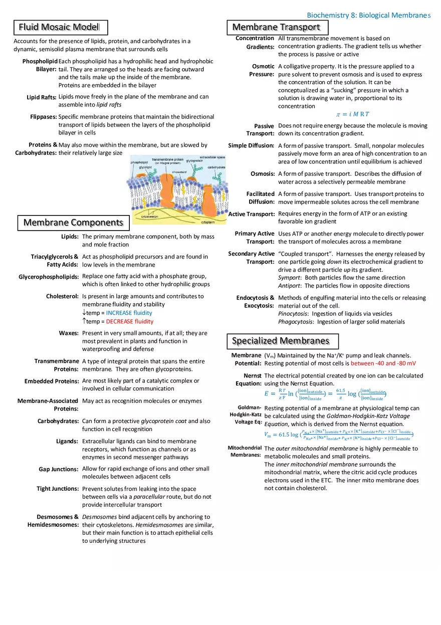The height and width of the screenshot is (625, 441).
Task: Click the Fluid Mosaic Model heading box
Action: click(59, 27)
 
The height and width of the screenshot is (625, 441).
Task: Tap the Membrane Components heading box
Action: click(73, 223)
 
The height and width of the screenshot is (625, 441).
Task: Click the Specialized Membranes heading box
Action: click(281, 341)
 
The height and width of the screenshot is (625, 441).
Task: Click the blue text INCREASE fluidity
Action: click(129, 313)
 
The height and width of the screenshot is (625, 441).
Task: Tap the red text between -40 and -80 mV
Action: click(383, 363)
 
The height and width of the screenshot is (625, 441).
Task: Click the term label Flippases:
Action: click(44, 117)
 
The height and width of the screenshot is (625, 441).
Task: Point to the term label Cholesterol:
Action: click(62, 297)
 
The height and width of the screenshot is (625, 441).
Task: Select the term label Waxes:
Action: click(69, 333)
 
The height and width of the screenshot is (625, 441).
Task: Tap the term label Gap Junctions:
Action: click(59, 469)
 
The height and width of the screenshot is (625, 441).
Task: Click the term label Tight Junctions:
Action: click(58, 489)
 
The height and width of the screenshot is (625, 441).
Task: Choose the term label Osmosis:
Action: click(262, 174)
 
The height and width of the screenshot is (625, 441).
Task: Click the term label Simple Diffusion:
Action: click(251, 146)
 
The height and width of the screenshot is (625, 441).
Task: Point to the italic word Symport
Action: click(289, 278)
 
